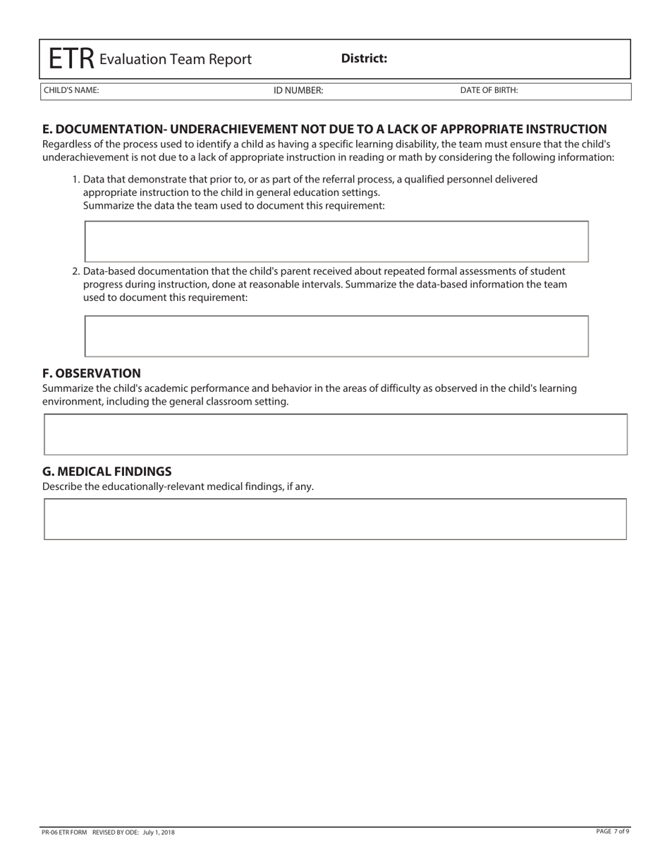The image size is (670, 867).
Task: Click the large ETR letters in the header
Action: (x=71, y=59)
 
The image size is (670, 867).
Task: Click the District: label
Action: (x=364, y=59)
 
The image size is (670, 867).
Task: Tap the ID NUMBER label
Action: (x=298, y=90)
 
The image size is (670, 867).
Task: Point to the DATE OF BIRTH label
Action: (x=489, y=90)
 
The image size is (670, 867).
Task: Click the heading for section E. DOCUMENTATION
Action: (x=324, y=129)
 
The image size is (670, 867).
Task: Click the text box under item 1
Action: (x=336, y=241)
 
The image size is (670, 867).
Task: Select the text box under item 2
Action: (x=336, y=336)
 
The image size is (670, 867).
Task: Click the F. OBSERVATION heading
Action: (x=92, y=373)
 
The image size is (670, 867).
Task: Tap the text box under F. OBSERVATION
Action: (x=336, y=434)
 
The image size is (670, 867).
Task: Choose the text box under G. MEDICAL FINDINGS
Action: (x=336, y=519)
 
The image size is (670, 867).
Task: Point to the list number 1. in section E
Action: (x=76, y=180)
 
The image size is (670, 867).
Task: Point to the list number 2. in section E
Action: (x=76, y=271)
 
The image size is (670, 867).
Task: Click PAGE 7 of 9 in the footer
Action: (x=612, y=832)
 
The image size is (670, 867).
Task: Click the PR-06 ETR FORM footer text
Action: (x=65, y=832)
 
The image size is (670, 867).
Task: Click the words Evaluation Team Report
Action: (x=175, y=59)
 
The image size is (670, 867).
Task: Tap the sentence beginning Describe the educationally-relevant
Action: (x=178, y=486)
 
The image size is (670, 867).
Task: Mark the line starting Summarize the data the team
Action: (x=233, y=206)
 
